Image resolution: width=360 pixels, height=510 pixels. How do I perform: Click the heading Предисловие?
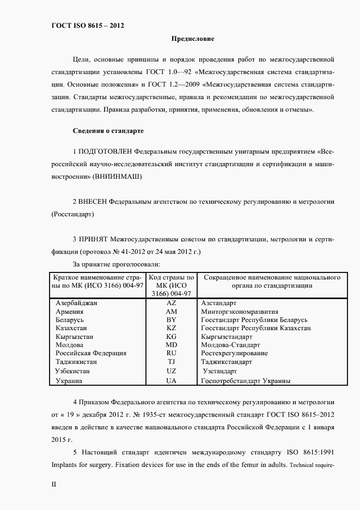193,39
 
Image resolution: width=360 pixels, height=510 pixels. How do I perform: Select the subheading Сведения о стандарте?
108,131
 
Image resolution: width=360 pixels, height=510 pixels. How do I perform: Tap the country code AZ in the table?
172,302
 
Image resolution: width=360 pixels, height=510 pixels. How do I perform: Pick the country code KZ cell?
172,329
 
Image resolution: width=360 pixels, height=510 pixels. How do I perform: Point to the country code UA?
172,381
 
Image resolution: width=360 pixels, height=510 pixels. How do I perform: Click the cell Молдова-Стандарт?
230,345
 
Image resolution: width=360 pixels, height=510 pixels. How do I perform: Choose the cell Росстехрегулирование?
234,353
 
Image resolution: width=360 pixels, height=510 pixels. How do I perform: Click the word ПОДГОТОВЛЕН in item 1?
105,151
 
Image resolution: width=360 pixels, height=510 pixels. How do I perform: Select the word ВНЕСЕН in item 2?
94,202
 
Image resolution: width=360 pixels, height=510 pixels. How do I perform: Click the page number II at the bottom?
53,484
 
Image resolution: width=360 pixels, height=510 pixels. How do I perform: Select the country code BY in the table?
172,320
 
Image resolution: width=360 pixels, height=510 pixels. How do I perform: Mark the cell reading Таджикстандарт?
226,361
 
